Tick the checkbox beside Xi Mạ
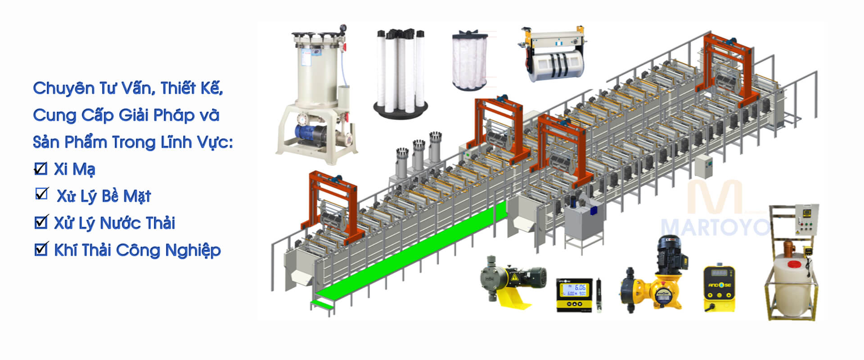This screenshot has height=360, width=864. coord(40,169)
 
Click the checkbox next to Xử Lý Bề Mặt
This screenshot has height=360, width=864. coord(42,193)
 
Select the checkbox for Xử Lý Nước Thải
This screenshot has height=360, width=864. coord(41,222)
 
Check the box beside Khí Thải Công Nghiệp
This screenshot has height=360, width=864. coord(41,249)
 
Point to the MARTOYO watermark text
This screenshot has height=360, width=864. coord(715,227)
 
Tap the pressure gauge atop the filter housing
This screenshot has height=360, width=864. coord(343,28)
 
